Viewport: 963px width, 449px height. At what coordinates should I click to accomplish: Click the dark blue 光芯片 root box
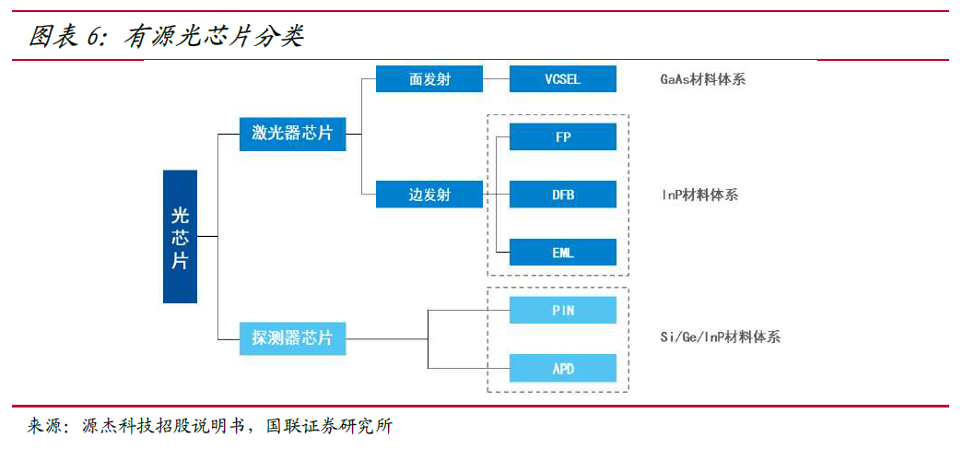coord(180,237)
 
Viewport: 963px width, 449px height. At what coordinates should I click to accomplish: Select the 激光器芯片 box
coord(292,133)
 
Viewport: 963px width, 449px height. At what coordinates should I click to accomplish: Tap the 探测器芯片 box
coord(292,337)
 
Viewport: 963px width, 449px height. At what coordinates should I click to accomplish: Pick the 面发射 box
coord(429,79)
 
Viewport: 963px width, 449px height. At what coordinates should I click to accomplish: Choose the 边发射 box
coord(429,195)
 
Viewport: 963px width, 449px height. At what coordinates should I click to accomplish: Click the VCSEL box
coord(562,79)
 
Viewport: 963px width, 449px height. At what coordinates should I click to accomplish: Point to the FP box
coord(562,136)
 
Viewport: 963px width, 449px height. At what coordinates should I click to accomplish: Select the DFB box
coord(562,195)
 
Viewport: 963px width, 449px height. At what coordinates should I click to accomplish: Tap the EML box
coord(562,252)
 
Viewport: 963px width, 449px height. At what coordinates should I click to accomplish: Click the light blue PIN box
coord(562,310)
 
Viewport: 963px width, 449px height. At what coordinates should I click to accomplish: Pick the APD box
coord(562,368)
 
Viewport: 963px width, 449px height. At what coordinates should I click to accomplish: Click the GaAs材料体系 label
coord(702,79)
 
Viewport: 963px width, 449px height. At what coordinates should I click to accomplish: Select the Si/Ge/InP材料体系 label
coord(720,337)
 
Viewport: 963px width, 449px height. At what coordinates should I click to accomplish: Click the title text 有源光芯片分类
coord(214,36)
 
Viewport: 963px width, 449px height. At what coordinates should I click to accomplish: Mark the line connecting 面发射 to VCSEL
coord(496,79)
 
